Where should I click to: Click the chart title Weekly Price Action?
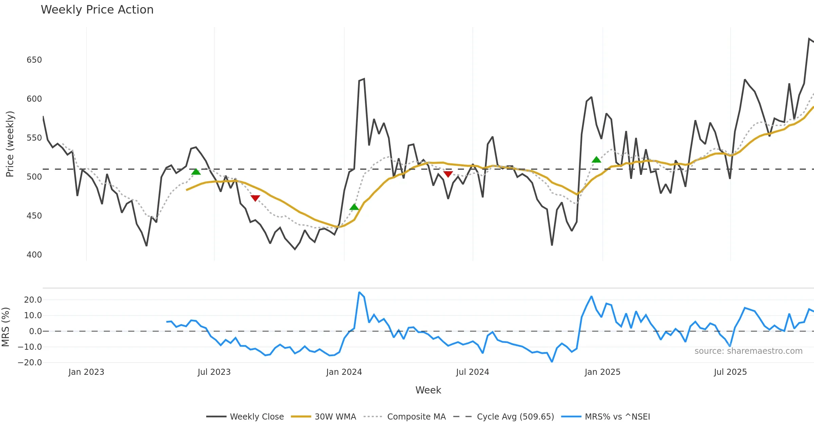coord(97,10)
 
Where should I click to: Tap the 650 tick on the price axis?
coord(34,60)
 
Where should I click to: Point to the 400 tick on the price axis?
coord(34,255)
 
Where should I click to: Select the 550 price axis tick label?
coord(34,138)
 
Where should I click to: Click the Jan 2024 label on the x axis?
coord(344,372)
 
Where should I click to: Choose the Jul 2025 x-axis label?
coord(730,372)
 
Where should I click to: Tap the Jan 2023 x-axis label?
coord(86,372)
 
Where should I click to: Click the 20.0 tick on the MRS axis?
coord(33,300)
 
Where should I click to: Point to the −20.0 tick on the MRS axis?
coord(30,362)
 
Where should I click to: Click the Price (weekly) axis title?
coord(10,144)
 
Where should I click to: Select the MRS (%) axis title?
coord(6,327)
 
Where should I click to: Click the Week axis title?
coord(428,390)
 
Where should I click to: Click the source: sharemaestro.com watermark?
coord(748,351)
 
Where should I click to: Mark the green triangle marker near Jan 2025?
coord(596,160)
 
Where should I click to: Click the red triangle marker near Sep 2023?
coord(255,198)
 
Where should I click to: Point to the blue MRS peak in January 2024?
coord(359,292)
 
